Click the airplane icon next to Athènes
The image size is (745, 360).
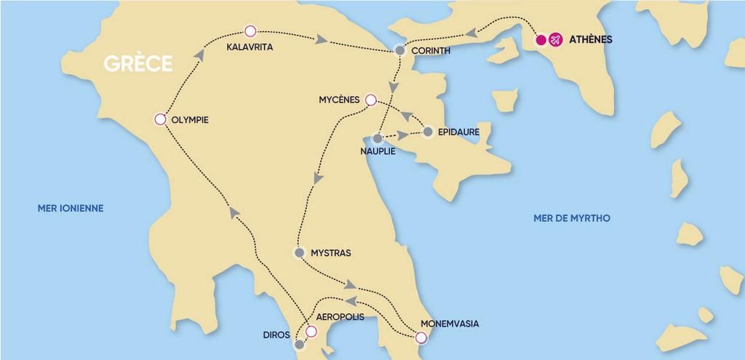click(556, 40)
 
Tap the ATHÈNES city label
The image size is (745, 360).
click(589, 40)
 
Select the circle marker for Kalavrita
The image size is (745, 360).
click(250, 31)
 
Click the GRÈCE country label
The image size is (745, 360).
click(138, 63)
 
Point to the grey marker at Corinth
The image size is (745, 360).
click(399, 50)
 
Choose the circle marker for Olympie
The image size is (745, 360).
click(160, 120)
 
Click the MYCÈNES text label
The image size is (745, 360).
click(339, 100)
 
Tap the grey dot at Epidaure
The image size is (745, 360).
click(428, 132)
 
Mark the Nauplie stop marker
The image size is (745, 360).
click(378, 138)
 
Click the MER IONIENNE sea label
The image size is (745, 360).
click(71, 209)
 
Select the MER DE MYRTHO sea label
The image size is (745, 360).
click(572, 218)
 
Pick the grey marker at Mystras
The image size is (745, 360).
click(298, 253)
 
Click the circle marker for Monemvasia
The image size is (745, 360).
click(420, 337)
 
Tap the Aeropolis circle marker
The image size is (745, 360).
click(311, 332)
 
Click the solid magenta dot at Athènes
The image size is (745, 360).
click(541, 40)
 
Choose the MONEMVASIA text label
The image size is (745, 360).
click(450, 324)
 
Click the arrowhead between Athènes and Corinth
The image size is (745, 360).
click(471, 33)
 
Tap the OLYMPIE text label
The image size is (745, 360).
click(189, 120)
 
